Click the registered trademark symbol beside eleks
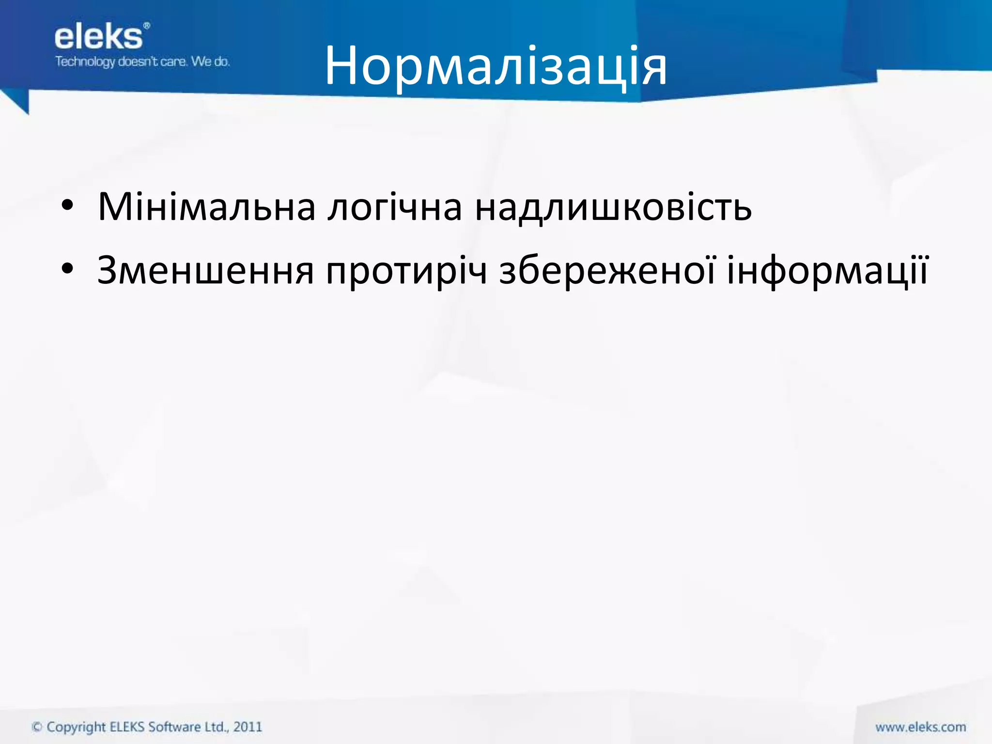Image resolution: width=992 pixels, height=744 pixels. pyautogui.click(x=147, y=26)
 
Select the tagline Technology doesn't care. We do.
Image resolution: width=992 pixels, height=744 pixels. pyautogui.click(x=142, y=62)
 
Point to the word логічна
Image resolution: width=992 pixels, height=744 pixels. pyautogui.click(x=395, y=207)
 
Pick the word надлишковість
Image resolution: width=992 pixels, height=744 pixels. pyautogui.click(x=613, y=207)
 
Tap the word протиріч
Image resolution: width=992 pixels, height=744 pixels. pyautogui.click(x=406, y=270)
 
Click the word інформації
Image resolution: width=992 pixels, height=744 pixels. pyautogui.click(x=827, y=270)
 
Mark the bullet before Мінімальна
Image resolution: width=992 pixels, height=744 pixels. pyautogui.click(x=67, y=208)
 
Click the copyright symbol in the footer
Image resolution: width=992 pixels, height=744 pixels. pyautogui.click(x=37, y=727)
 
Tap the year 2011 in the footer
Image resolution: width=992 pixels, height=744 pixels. pyautogui.click(x=248, y=727)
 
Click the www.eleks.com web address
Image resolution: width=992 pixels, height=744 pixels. pyautogui.click(x=920, y=727)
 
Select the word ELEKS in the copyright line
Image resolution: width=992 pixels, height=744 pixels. pyautogui.click(x=127, y=727)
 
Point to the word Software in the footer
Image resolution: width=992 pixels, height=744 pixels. pyautogui.click(x=174, y=727)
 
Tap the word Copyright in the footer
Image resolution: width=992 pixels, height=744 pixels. pyautogui.click(x=76, y=727)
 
